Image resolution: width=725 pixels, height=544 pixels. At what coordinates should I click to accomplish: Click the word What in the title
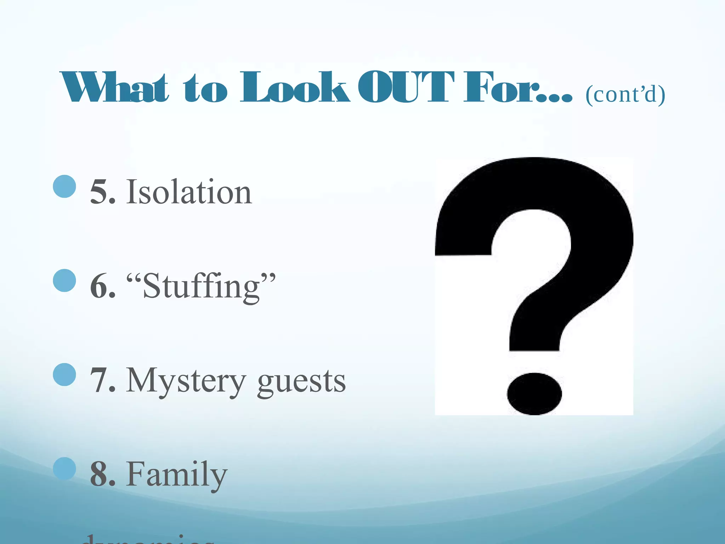click(114, 87)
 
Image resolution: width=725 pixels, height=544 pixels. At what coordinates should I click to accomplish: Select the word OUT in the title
click(406, 87)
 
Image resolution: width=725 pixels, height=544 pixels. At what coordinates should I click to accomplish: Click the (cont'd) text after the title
click(625, 95)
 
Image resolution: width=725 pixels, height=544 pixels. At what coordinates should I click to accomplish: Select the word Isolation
click(189, 192)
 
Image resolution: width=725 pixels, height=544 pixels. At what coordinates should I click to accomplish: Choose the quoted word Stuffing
click(201, 287)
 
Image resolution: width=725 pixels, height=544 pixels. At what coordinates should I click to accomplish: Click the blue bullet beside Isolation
click(64, 186)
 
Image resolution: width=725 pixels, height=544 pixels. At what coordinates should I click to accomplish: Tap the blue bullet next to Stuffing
click(64, 280)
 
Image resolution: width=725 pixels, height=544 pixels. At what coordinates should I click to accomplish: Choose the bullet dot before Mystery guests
click(64, 374)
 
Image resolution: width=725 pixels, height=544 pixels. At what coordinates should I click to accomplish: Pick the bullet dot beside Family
click(64, 469)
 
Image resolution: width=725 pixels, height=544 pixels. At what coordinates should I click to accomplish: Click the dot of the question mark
click(534, 393)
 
